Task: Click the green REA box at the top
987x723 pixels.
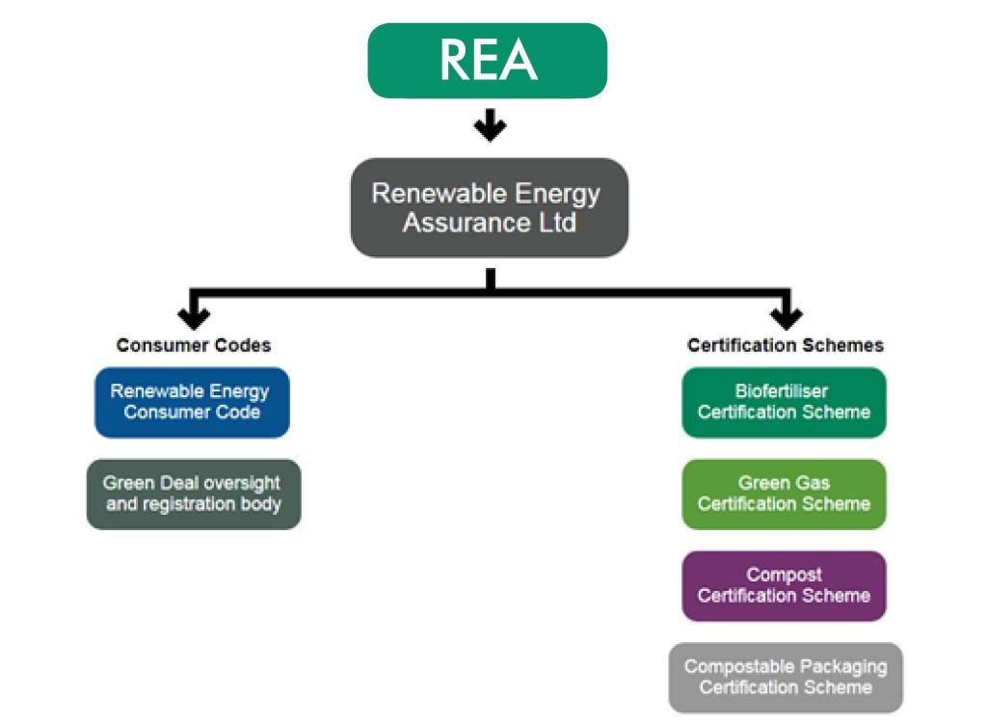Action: [x=487, y=60]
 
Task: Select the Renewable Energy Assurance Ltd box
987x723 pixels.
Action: [x=489, y=207]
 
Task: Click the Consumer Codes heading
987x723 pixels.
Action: [x=194, y=345]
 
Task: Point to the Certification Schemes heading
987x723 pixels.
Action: [x=785, y=345]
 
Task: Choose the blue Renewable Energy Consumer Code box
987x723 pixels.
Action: [x=192, y=402]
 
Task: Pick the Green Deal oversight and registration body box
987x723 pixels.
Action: [x=193, y=494]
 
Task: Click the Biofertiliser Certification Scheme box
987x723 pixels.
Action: [x=784, y=402]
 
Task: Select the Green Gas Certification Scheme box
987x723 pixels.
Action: [x=784, y=494]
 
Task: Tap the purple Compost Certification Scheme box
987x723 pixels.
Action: [x=784, y=585]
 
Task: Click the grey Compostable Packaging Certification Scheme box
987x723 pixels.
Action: [x=786, y=677]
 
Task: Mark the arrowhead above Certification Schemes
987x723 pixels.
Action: [x=787, y=316]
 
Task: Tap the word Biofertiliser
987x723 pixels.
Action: [x=782, y=391]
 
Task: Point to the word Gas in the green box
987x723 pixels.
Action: [x=812, y=483]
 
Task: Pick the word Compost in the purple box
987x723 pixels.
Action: [x=783, y=575]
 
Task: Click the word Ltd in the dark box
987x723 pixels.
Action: [x=556, y=223]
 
